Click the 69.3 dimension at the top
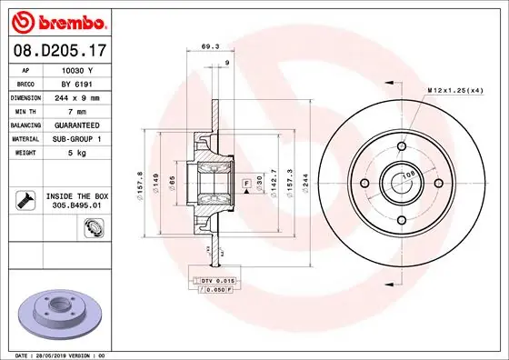(210, 45)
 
